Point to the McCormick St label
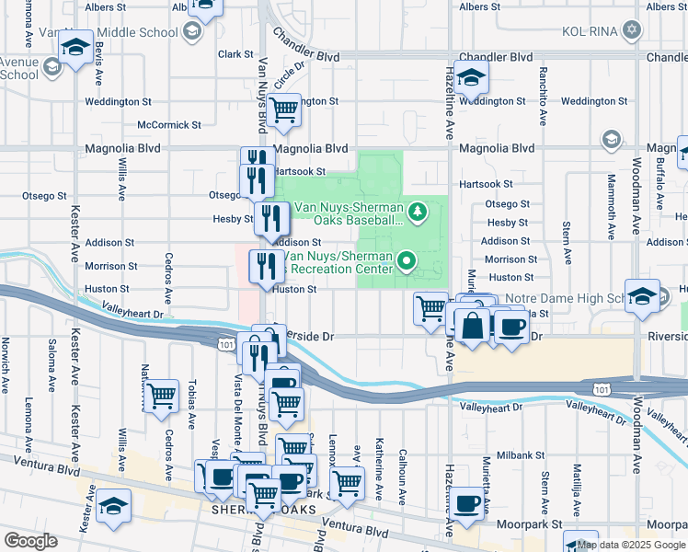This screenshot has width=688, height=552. click(168, 124)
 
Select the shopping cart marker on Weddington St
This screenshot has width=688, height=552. click(285, 110)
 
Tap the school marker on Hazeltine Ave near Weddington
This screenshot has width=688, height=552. click(471, 78)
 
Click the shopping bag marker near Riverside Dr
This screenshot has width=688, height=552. click(472, 327)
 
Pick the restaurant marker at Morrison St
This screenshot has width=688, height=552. click(267, 267)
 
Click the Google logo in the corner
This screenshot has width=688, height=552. click(30, 541)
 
